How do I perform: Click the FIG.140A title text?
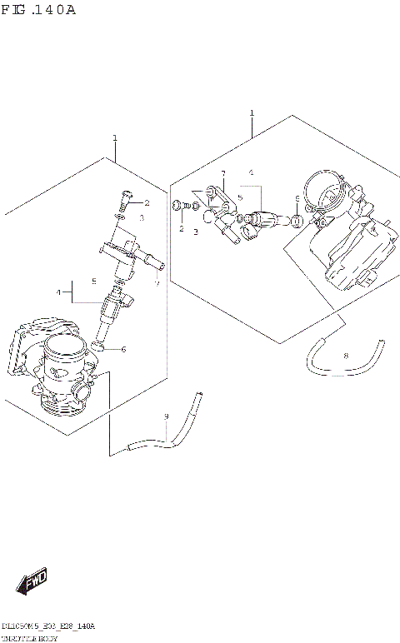pos(39,11)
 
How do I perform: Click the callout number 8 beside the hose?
pos(346,356)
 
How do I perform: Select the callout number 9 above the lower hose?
pos(166,416)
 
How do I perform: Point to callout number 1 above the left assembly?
pos(115,138)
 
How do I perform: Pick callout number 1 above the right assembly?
pos(252,112)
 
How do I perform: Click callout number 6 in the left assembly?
pos(123,349)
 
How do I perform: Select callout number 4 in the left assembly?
pos(59,292)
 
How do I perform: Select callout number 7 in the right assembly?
pos(223,173)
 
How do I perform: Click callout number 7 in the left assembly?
pos(156,282)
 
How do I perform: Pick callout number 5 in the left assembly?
pos(94,281)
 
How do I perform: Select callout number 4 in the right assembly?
pos(250,173)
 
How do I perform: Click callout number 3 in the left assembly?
pos(142,218)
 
